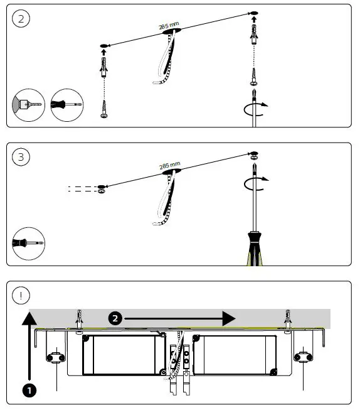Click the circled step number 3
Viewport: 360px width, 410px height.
[x=21, y=157]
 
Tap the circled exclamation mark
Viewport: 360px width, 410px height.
[x=21, y=295]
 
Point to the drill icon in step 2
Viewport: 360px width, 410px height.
[x=28, y=104]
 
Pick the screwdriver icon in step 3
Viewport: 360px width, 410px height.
[x=28, y=242]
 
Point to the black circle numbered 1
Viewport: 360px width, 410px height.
[x=28, y=389]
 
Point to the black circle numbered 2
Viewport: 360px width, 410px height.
[x=115, y=318]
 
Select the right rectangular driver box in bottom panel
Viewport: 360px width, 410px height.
[x=235, y=355]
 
